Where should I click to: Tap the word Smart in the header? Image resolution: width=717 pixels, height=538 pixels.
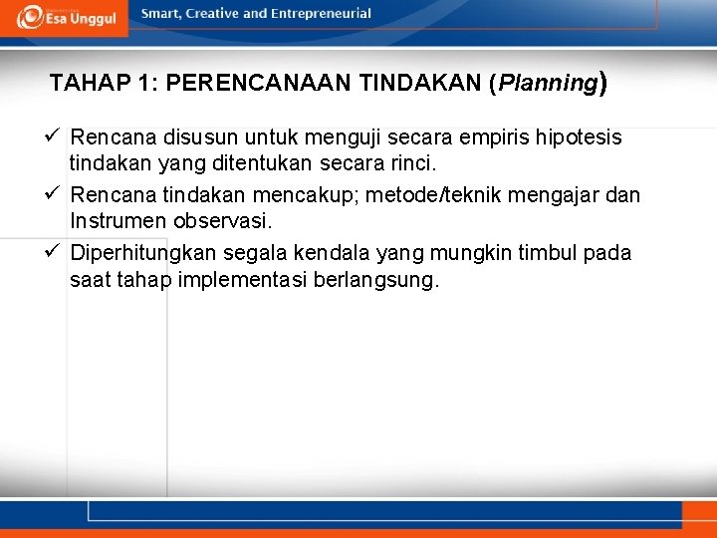(x=163, y=14)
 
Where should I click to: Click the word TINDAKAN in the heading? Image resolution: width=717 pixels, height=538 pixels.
(x=420, y=83)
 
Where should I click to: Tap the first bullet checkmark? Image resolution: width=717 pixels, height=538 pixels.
(x=56, y=135)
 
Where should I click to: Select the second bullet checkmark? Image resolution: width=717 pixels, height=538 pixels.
(x=56, y=194)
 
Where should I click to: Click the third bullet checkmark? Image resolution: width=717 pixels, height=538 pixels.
(x=56, y=252)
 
